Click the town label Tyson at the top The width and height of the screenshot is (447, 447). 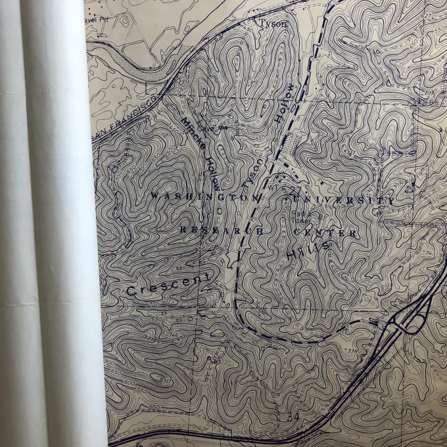[x=275, y=23]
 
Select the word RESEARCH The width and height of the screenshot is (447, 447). [x=222, y=231]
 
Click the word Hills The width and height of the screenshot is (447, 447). [x=308, y=250]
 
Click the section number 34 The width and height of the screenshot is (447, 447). [x=294, y=415]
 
